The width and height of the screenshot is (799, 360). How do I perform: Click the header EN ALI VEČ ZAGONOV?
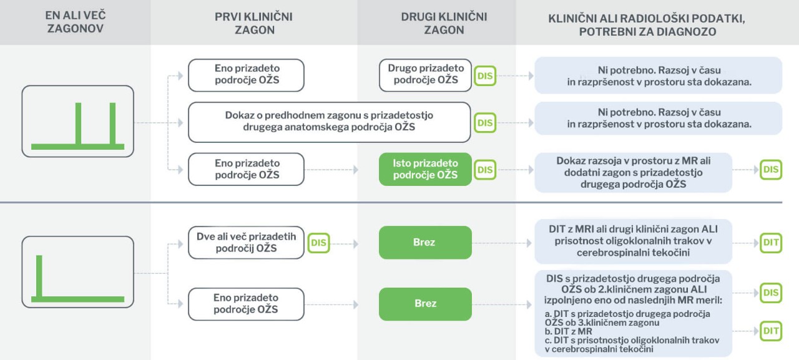(76, 22)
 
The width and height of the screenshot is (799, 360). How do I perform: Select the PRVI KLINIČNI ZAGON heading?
(253, 23)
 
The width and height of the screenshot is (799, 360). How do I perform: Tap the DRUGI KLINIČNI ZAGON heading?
(444, 23)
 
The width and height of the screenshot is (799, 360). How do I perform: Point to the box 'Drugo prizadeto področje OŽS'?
(426, 75)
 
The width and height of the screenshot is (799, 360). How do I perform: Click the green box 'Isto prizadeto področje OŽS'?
(425, 169)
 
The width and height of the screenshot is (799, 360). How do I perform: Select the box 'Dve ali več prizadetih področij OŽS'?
(246, 242)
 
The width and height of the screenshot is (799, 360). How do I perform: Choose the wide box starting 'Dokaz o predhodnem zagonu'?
(329, 122)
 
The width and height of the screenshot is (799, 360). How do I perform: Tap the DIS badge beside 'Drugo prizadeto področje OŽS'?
(485, 75)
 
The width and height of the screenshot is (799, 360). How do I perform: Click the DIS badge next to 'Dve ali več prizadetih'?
(318, 243)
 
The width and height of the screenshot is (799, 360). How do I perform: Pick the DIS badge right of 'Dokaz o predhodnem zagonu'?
(485, 123)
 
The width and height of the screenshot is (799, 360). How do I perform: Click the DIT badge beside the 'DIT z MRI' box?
(771, 243)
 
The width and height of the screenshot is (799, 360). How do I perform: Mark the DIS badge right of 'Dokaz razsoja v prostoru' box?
(771, 169)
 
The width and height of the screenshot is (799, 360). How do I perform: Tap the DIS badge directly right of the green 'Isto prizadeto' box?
(485, 170)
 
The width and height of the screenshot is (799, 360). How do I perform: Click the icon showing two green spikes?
(78, 121)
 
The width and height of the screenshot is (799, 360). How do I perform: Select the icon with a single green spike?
(78, 272)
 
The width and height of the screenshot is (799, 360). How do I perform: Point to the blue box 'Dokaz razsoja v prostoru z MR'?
(633, 173)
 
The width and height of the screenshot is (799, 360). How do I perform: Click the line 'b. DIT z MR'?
(568, 331)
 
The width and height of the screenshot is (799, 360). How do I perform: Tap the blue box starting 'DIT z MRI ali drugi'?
(633, 241)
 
